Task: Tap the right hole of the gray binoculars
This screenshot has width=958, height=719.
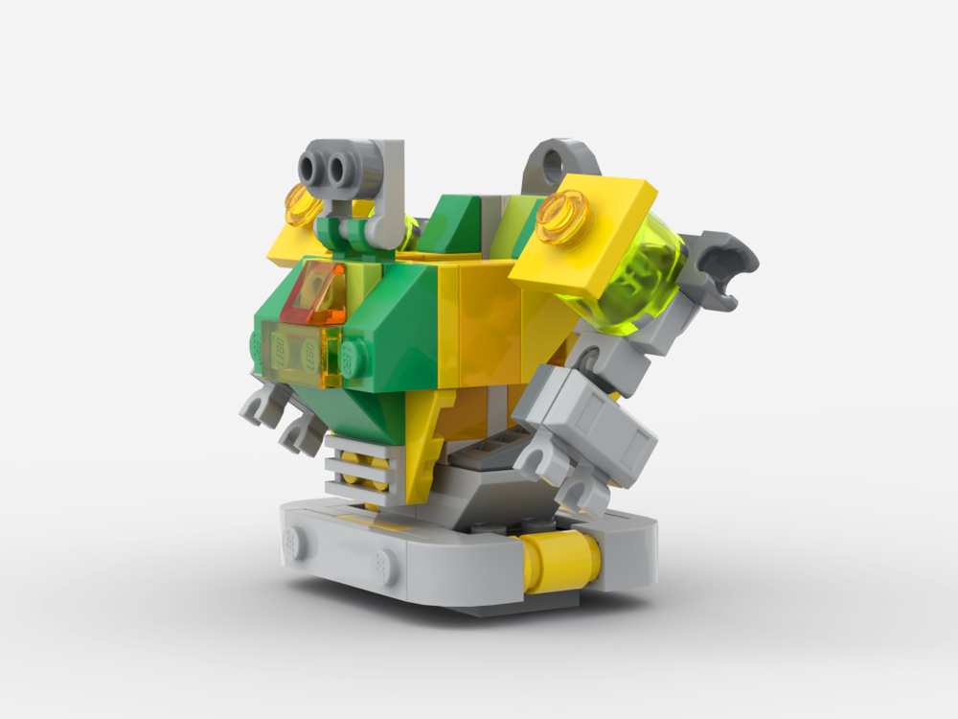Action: coord(338,171)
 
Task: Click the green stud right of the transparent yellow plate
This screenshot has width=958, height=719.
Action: coord(353,359)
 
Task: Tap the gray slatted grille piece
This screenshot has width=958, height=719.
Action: coord(359,465)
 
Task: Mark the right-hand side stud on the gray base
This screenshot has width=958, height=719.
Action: coord(385,568)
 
